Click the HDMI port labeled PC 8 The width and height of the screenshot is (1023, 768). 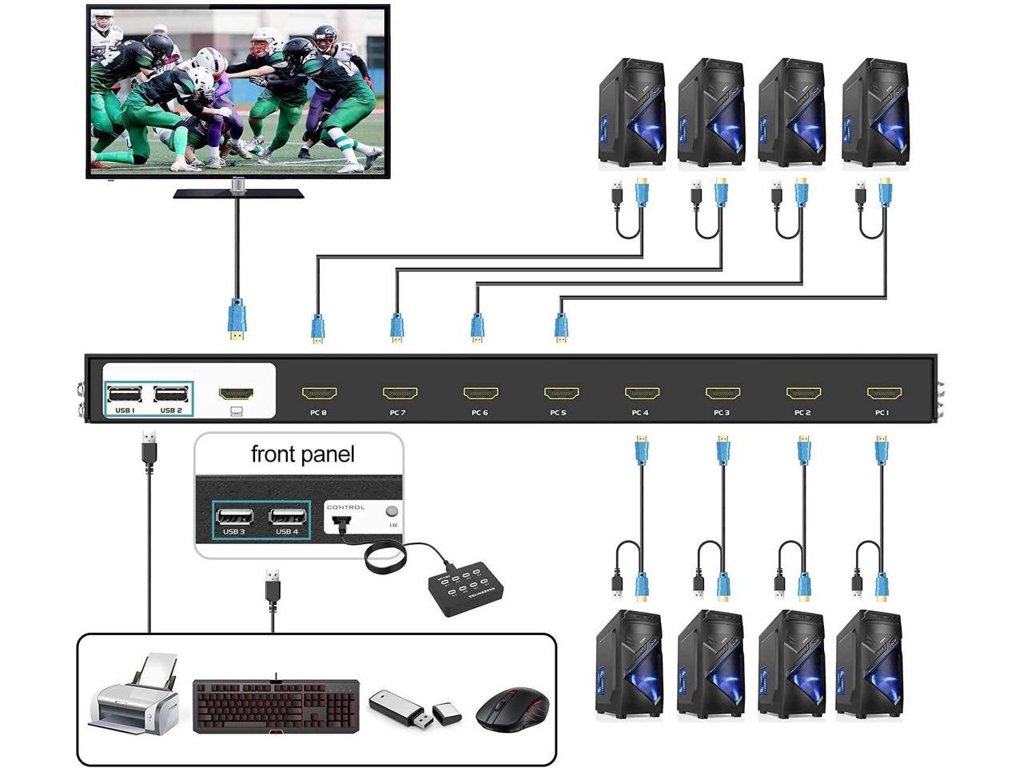(319, 393)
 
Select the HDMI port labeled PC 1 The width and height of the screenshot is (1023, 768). (884, 393)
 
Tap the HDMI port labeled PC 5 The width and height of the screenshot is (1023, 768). (561, 393)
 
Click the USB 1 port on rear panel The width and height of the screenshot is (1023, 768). (125, 394)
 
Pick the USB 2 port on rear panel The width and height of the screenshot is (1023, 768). (171, 394)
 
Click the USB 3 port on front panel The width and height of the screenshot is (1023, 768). (234, 515)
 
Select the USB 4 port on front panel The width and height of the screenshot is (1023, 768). (287, 515)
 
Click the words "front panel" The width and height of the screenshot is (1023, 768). (302, 454)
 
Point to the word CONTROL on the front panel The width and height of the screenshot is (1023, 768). (346, 507)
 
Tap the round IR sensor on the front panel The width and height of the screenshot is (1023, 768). (392, 511)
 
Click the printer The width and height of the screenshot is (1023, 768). (134, 694)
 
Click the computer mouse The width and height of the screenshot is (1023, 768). (512, 708)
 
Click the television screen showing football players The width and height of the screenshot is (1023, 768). (237, 90)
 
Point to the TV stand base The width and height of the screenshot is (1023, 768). (238, 193)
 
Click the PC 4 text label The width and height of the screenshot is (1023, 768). (640, 413)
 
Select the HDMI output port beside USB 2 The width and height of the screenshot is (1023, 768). (236, 394)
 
